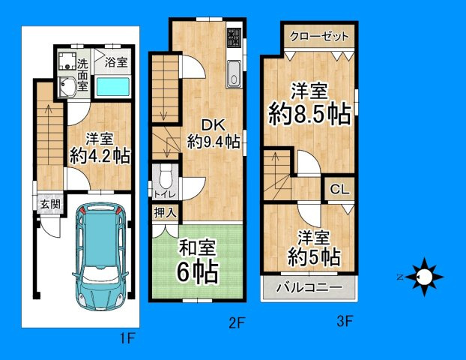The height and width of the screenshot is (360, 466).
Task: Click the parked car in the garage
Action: coord(100,256)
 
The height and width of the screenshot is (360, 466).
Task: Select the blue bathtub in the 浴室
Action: coord(113,87)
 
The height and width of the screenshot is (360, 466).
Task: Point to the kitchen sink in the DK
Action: coord(234,73)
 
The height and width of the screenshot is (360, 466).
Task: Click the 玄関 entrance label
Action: coord(50,205)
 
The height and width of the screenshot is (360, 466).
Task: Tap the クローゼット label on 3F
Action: coord(319,37)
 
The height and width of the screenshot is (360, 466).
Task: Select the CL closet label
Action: coord(339,189)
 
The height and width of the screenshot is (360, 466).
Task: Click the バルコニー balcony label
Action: coord(309,287)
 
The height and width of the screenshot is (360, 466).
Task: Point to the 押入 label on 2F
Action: coord(166,212)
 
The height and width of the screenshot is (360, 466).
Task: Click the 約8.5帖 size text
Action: coord(310,114)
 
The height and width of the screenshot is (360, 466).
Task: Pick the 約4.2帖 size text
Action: coord(100,155)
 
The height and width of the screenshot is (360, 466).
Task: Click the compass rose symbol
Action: coord(424,277)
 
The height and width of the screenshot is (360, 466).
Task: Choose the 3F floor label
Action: coord(345,321)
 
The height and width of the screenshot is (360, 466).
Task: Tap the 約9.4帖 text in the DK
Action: coord(214,142)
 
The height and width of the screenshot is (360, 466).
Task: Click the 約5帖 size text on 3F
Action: coord(314,257)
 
